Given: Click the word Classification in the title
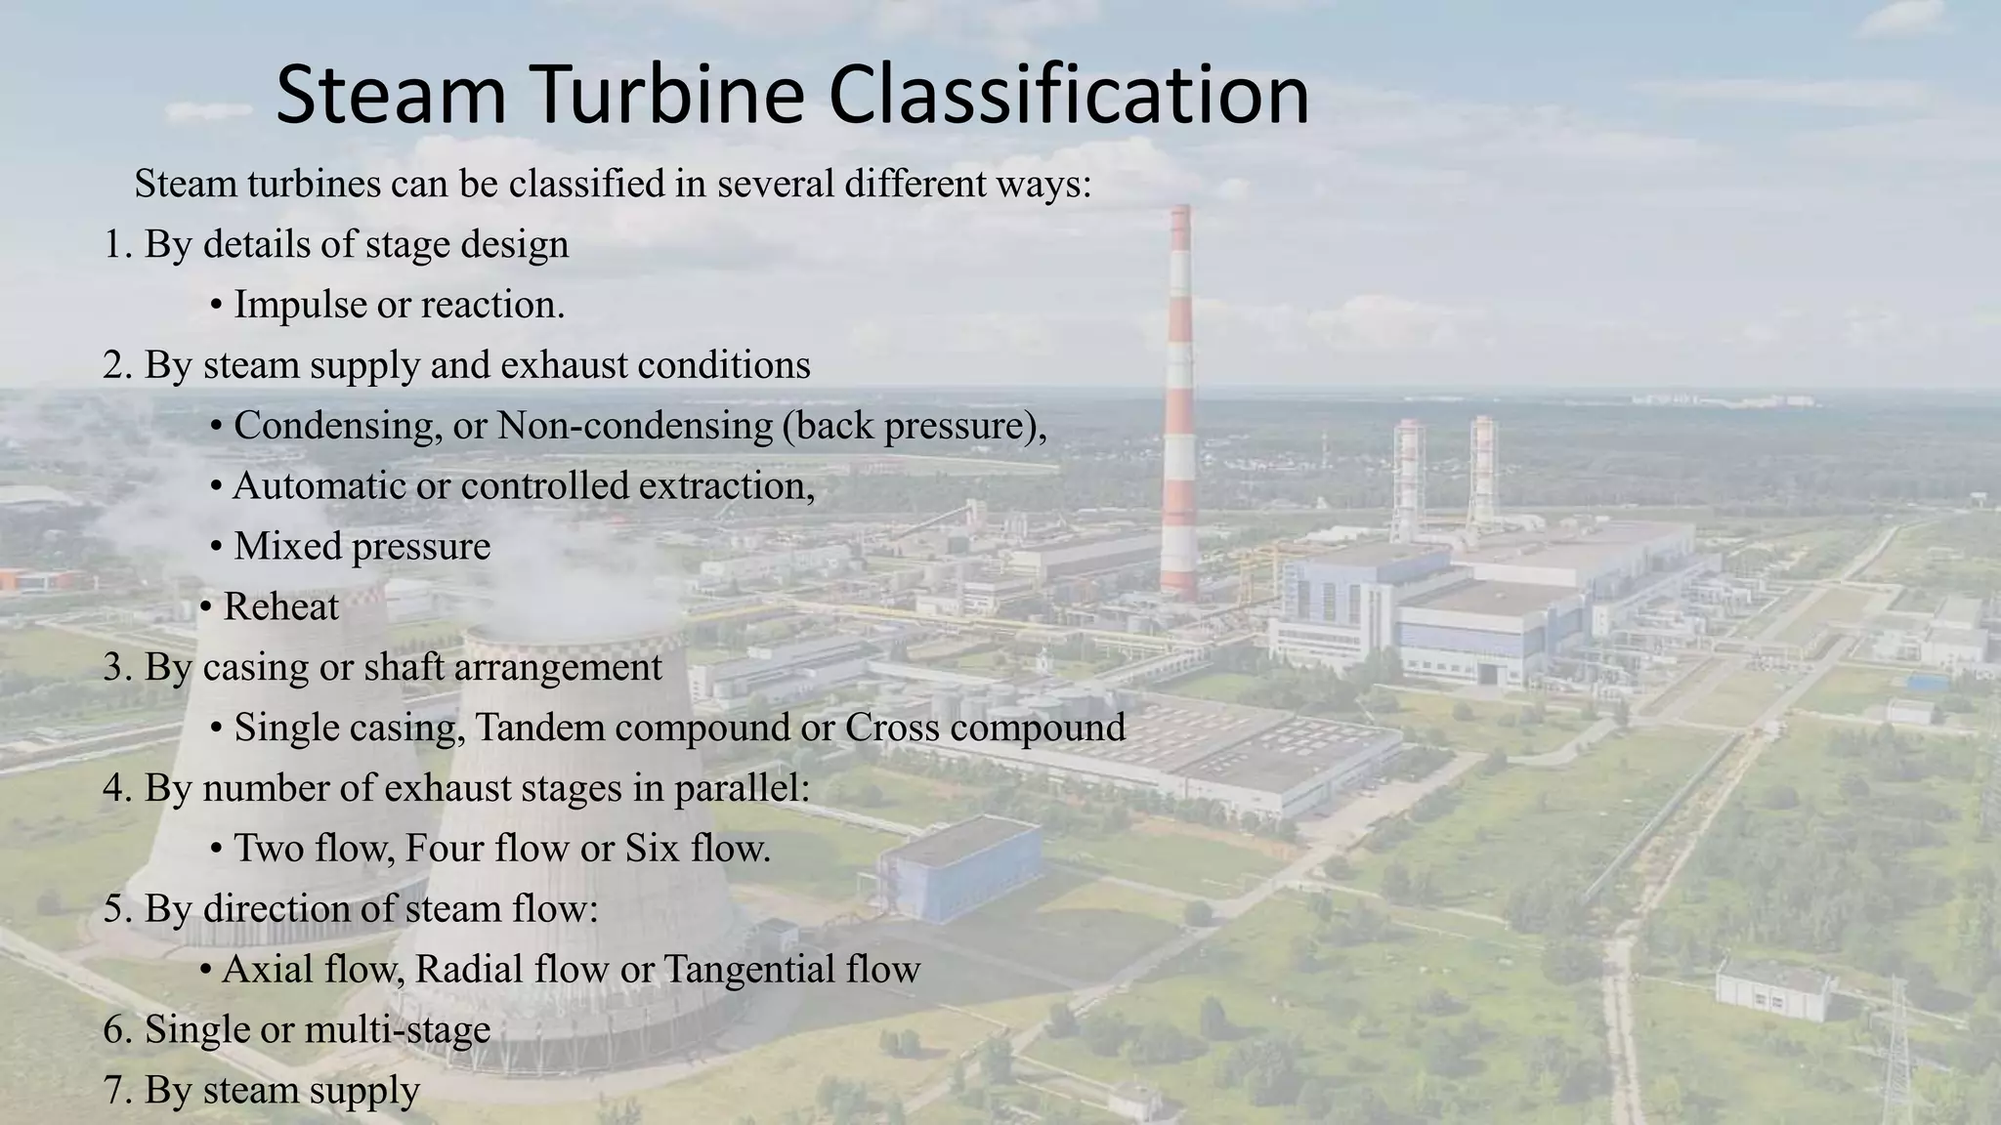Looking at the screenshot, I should coord(1069,95).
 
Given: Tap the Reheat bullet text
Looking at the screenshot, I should coord(280,607).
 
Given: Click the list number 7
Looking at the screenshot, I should coord(116,1091).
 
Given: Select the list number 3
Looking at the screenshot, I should coord(116,668).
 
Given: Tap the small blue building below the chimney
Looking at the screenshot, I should coord(959,869).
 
